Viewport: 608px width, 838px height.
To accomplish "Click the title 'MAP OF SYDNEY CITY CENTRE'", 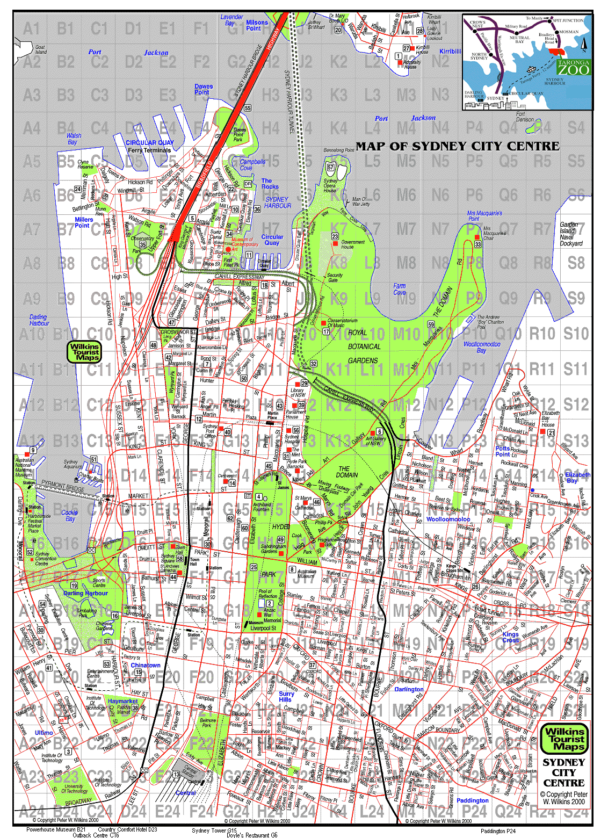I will coord(458,146).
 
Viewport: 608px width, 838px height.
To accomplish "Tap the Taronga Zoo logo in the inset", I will coord(573,67).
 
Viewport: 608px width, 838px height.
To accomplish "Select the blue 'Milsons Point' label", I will coord(256,25).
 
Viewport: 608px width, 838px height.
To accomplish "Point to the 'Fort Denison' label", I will coord(525,117).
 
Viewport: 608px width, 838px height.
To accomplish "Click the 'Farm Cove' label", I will coord(399,289).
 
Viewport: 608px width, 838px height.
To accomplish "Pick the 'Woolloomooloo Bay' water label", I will coord(481,347).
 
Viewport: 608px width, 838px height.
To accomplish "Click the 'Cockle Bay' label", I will coord(70,515).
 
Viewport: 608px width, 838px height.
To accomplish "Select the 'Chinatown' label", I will coord(145,665).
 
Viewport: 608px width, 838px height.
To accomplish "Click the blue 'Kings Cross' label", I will coord(510,637).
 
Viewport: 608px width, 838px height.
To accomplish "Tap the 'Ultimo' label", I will coord(44,732).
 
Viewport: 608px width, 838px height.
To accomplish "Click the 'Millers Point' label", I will coord(83,222).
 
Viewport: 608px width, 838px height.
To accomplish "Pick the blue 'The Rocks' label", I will coord(270,184).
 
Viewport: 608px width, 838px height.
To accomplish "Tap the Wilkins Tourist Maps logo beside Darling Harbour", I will coord(85,352).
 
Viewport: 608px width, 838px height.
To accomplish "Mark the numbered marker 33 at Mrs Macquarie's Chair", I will coord(477,244).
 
